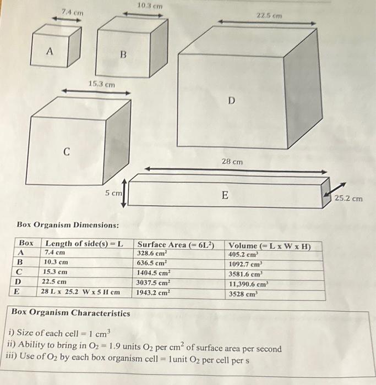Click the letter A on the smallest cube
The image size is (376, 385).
[50, 51]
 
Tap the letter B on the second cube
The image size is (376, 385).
[123, 55]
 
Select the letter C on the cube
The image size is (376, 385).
[66, 151]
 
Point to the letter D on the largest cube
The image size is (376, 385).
[231, 101]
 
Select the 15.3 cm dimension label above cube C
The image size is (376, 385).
[102, 84]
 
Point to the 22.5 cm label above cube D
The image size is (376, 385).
[269, 16]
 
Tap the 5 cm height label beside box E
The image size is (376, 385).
[114, 194]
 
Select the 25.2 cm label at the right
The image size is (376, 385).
[349, 199]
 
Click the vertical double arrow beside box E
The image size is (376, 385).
[124, 192]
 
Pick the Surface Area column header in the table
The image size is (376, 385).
[176, 245]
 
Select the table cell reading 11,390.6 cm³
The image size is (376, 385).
[249, 284]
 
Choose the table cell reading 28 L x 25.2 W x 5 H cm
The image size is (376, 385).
[81, 293]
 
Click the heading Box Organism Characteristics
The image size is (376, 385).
[70, 313]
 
